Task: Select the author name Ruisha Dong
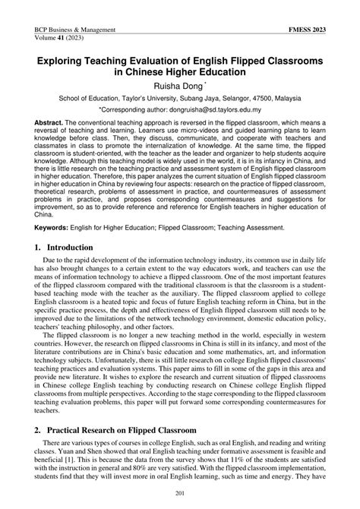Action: click(179, 85)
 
